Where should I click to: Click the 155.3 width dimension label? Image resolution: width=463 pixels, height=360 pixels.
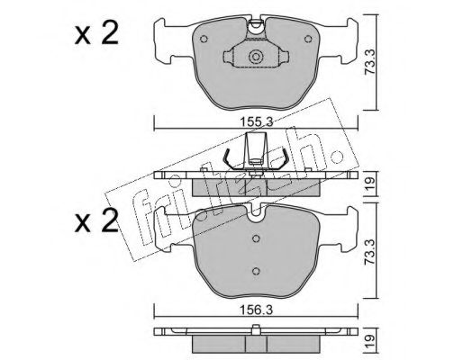[256, 121]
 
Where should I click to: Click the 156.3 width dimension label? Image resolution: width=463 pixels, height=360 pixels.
[256, 310]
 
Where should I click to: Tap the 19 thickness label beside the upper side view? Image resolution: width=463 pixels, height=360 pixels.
[370, 184]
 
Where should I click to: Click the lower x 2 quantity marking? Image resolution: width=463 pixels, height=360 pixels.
[96, 221]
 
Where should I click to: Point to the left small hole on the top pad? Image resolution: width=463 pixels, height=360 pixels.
[204, 39]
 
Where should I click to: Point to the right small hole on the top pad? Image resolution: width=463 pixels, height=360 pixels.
[308, 39]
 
